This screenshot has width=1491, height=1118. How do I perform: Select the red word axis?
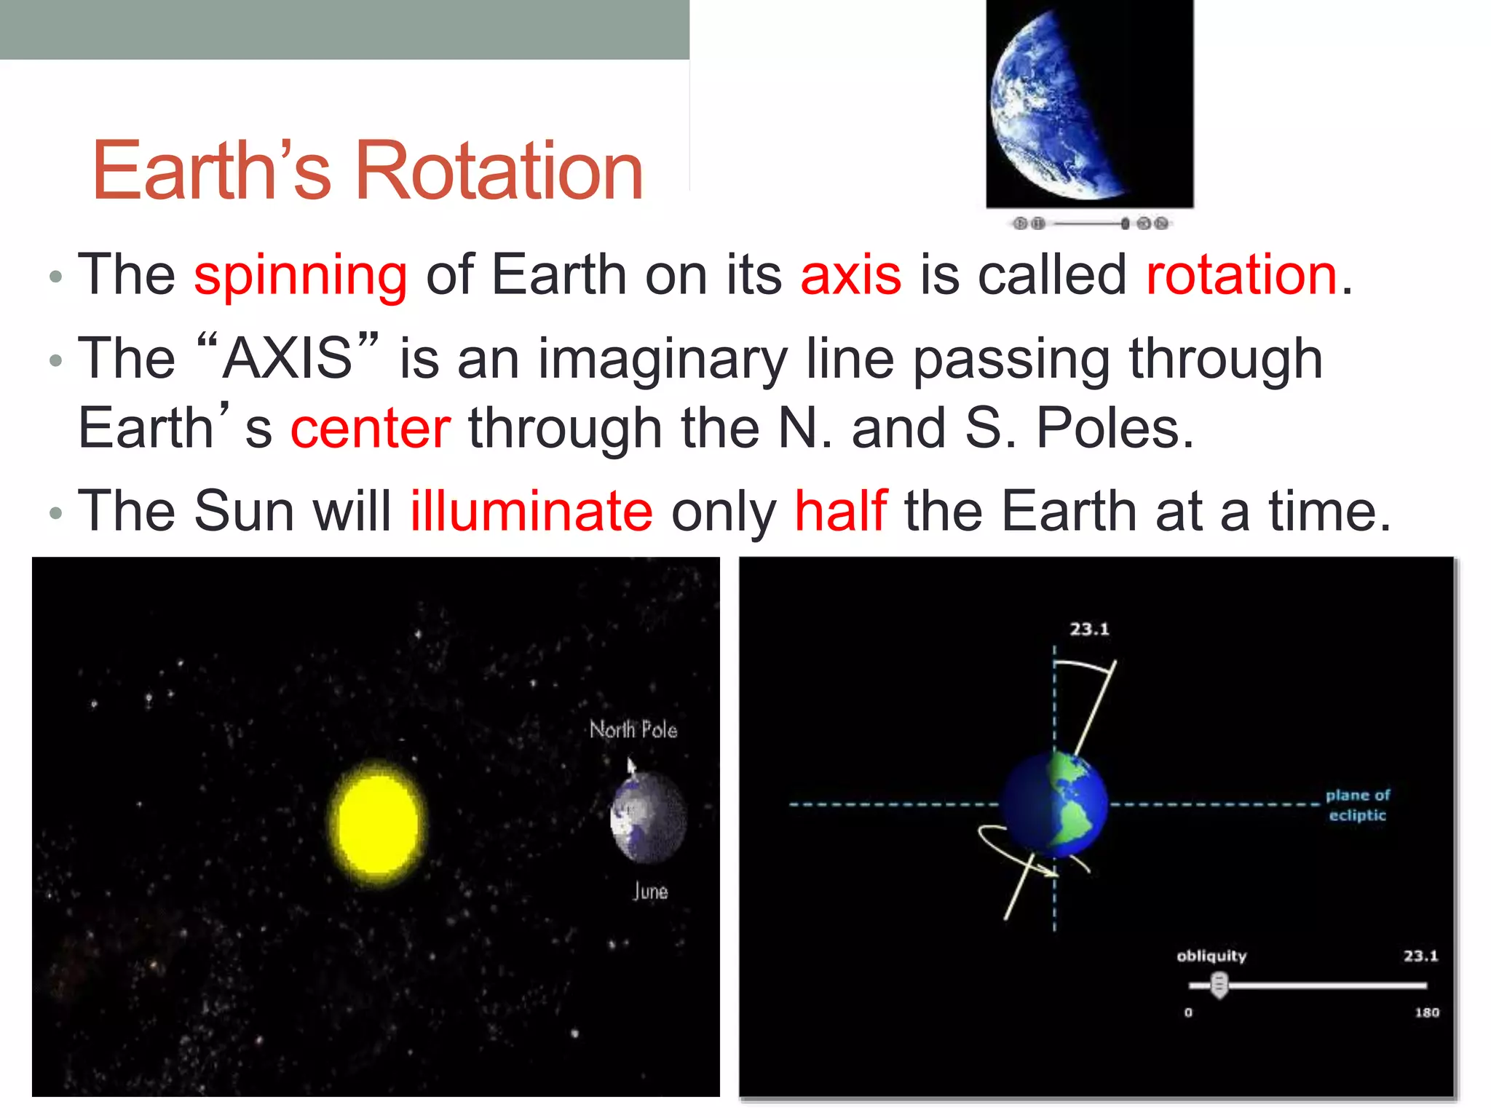point(850,275)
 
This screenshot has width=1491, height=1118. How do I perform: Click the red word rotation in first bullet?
point(1241,275)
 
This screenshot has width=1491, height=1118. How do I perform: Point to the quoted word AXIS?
point(288,358)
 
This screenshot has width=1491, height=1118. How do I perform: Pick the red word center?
point(371,428)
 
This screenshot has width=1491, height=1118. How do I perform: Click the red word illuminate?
point(531,511)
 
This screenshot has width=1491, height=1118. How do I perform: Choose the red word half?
point(841,511)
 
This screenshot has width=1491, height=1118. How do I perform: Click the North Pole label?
point(633,729)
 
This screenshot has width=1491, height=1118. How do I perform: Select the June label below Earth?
point(650,891)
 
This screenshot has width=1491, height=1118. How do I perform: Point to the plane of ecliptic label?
point(1357,805)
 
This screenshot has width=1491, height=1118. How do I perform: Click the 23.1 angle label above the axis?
point(1089,629)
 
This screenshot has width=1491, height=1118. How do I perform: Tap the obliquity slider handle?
point(1219,986)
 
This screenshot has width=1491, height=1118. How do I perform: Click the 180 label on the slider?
point(1427,1012)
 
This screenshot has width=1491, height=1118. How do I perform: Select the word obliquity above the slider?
point(1211,956)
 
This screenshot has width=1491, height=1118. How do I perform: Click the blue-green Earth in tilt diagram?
point(1054,805)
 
